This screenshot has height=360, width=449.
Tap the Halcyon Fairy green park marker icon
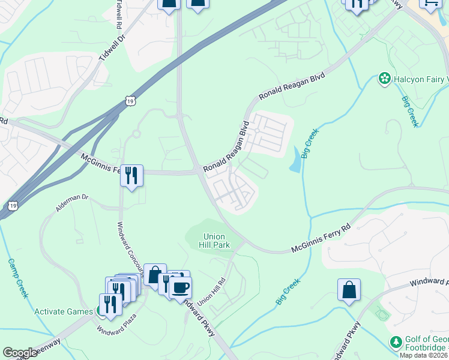(x=384, y=79)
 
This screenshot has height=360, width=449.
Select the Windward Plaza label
(x=117, y=322)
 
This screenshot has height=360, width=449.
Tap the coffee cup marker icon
(x=180, y=287)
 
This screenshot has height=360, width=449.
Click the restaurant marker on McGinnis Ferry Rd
(x=131, y=175)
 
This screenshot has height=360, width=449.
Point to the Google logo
(x=20, y=353)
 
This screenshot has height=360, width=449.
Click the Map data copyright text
(x=424, y=355)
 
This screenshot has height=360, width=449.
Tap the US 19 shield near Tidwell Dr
(x=130, y=102)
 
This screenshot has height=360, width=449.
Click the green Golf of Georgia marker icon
(x=396, y=343)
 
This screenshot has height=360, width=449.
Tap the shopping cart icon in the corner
(x=431, y=4)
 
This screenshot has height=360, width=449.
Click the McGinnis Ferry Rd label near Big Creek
(x=321, y=238)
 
